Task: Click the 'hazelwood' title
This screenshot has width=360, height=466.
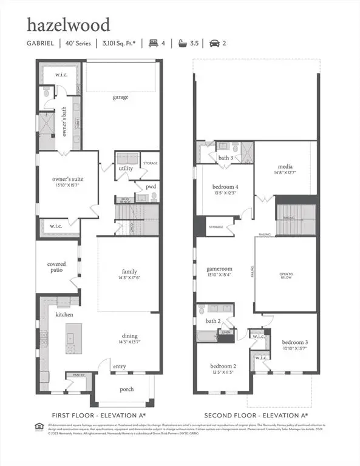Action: tap(68, 25)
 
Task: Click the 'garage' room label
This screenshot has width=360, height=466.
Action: tap(120, 97)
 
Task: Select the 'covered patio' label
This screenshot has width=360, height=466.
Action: tap(56, 268)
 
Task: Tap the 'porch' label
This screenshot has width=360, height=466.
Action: tap(126, 390)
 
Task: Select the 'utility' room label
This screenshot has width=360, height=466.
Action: tap(126, 168)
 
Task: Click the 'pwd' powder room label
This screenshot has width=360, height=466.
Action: tap(150, 187)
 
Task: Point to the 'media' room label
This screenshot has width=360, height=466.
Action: tap(285, 166)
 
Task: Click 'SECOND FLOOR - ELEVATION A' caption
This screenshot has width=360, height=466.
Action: tap(256, 415)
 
